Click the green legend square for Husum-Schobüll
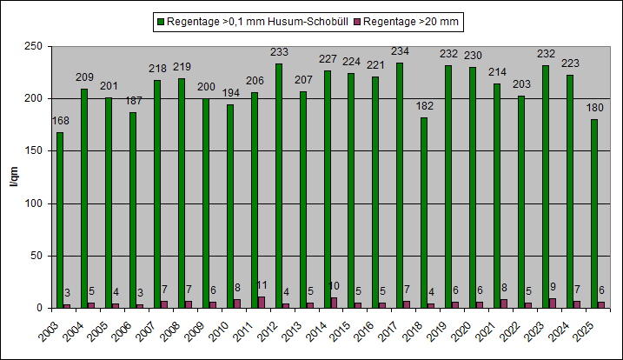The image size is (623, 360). (160, 19)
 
